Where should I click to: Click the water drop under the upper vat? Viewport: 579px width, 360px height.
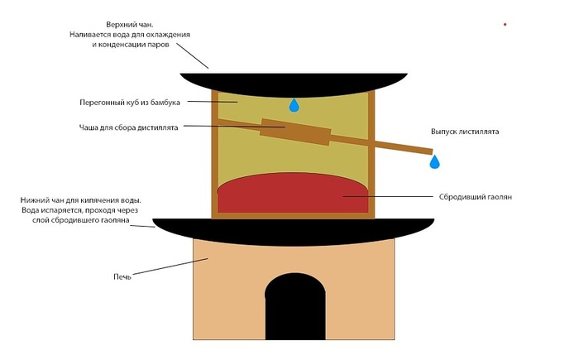(294, 105)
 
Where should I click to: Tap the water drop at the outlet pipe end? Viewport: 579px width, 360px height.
(434, 162)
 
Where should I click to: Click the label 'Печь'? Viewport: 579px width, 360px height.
(122, 276)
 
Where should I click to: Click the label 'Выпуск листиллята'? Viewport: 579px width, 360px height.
(464, 132)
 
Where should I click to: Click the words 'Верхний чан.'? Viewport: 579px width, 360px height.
(128, 25)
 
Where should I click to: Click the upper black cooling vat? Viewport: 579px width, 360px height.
(294, 81)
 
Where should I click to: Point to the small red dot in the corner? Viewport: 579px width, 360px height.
(505, 25)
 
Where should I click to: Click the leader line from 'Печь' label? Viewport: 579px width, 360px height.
(170, 267)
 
